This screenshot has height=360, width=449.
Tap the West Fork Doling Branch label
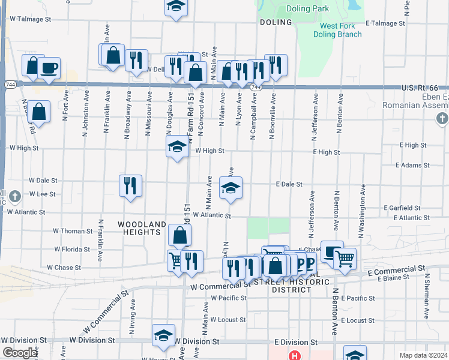340,30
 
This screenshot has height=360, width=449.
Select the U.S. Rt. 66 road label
424,88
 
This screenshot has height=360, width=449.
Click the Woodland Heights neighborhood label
142,229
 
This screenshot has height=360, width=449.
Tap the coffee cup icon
49,67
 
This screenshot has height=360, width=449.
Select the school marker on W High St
177,147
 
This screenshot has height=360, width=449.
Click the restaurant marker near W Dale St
131,185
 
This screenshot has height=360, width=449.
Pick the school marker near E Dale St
231,188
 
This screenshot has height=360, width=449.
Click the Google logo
19,353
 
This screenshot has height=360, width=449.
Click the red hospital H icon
294,356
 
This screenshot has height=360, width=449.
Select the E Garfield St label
409,208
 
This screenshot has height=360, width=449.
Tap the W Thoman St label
73,231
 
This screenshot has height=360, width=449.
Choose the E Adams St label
411,164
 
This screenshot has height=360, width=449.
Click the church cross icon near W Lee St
16,196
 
